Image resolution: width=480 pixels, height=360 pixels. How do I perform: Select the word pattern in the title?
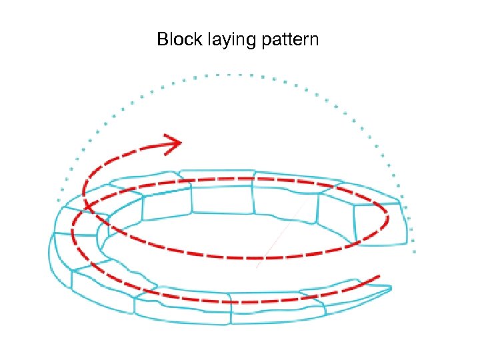coord(289,41)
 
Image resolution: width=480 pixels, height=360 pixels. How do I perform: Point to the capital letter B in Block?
coord(163,39)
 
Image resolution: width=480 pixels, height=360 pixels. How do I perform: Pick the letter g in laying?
coord(250,43)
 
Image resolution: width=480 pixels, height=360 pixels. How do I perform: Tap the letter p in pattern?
coord(263,42)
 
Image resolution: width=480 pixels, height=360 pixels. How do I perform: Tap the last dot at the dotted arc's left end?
coord(59,200)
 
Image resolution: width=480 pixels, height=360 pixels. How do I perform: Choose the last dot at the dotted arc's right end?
coord(415,251)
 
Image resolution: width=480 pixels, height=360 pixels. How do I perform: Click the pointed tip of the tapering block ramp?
coord(390,288)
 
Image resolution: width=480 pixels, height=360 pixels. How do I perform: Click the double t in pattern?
coord(283,39)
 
